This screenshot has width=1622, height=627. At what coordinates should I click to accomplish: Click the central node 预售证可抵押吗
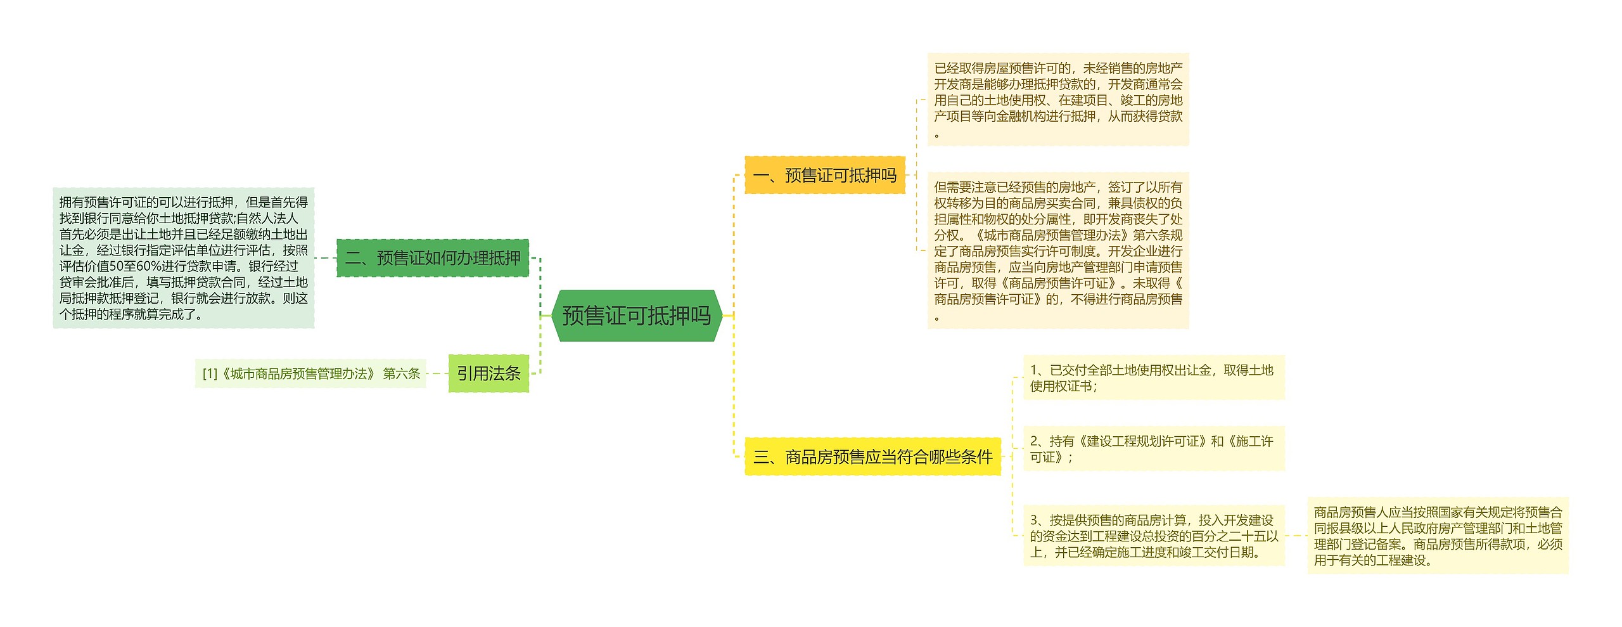pyautogui.click(x=637, y=316)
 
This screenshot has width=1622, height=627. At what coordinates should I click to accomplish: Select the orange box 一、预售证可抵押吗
pyautogui.click(x=824, y=175)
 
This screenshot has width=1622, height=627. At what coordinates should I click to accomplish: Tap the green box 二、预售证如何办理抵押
pyautogui.click(x=432, y=258)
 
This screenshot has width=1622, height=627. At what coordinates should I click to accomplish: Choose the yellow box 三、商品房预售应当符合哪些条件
pyautogui.click(x=872, y=456)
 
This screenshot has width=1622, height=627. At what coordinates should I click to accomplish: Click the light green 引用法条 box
pyautogui.click(x=489, y=373)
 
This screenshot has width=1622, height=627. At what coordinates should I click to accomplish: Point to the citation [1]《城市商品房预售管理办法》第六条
pyautogui.click(x=310, y=373)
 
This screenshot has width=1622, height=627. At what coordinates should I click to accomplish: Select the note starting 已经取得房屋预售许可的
pyautogui.click(x=1057, y=100)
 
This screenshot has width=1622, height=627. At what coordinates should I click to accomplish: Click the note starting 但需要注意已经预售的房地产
pyautogui.click(x=1057, y=250)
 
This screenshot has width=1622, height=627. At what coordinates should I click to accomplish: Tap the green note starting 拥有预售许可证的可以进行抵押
pyautogui.click(x=183, y=258)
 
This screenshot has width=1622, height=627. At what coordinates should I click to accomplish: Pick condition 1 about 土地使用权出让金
pyautogui.click(x=1153, y=378)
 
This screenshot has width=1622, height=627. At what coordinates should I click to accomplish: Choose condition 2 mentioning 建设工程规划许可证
pyautogui.click(x=1153, y=449)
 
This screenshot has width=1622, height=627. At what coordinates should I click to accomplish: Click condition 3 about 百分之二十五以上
pyautogui.click(x=1153, y=536)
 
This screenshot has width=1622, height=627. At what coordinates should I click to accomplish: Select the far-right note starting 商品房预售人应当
pyautogui.click(x=1438, y=536)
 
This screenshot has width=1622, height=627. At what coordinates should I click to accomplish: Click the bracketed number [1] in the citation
pyautogui.click(x=210, y=373)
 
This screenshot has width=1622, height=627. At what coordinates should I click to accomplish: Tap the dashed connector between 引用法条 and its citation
pyautogui.click(x=437, y=373)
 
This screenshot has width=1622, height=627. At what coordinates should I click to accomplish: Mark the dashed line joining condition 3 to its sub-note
pyautogui.click(x=1296, y=536)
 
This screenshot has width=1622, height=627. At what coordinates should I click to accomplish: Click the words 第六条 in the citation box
pyautogui.click(x=402, y=373)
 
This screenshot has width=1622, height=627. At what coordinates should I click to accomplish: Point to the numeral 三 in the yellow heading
pyautogui.click(x=760, y=456)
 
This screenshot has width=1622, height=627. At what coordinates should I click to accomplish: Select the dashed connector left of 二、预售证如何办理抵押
pyautogui.click(x=325, y=258)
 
